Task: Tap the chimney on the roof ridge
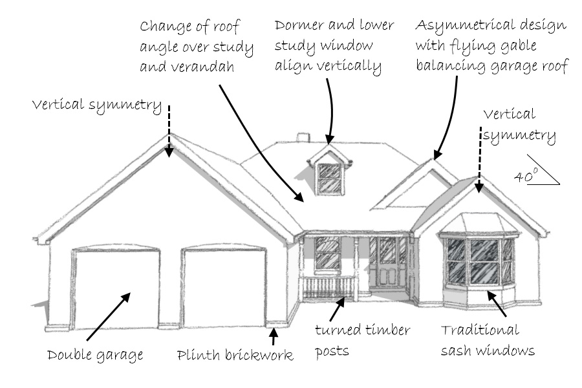[303, 137]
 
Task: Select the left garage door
[116, 288]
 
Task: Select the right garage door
[224, 287]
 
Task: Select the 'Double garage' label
[95, 355]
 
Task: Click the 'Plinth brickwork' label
[235, 355]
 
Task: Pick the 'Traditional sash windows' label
[488, 340]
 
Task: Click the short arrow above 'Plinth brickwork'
[274, 336]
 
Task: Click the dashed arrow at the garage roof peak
[169, 131]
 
